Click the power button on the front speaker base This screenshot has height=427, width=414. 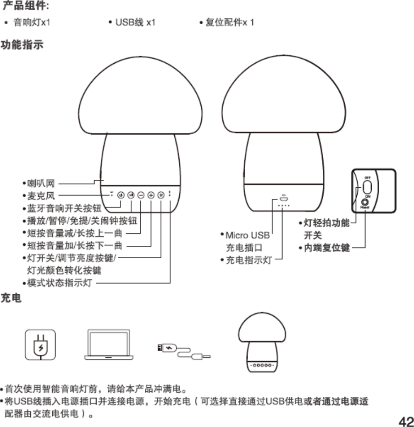pyautogui.click(x=120, y=194)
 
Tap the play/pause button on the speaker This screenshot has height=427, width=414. pyautogui.click(x=131, y=194)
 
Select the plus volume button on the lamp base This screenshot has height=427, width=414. pyautogui.click(x=151, y=194)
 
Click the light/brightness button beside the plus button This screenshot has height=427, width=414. pyautogui.click(x=161, y=194)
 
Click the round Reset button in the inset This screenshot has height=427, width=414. pyautogui.click(x=365, y=201)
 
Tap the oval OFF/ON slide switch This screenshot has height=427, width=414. pyautogui.click(x=367, y=187)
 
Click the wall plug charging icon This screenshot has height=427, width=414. pyautogui.click(x=40, y=345)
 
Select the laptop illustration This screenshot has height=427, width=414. pyautogui.click(x=109, y=345)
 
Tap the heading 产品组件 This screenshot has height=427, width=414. pyautogui.click(x=24, y=6)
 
